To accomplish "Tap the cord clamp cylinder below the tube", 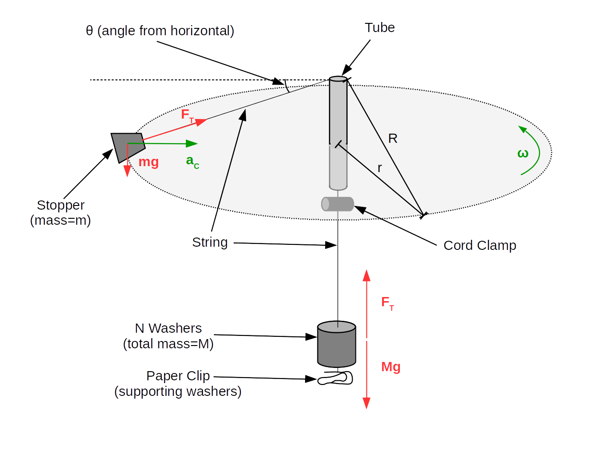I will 338,204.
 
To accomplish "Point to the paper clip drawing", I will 336,378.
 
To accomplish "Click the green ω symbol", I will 523,154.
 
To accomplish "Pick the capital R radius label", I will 393,139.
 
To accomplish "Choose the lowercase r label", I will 380,168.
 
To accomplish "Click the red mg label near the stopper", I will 148,162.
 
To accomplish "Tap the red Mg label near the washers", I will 391,367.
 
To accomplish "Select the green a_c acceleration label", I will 192,162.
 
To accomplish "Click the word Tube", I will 380,28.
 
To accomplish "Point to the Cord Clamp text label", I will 480,246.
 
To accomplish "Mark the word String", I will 210,242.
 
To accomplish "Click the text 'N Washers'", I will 168,329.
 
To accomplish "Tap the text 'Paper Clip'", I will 178,376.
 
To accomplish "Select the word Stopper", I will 61,205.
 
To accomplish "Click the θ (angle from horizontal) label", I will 160,31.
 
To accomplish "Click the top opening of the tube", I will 338,79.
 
